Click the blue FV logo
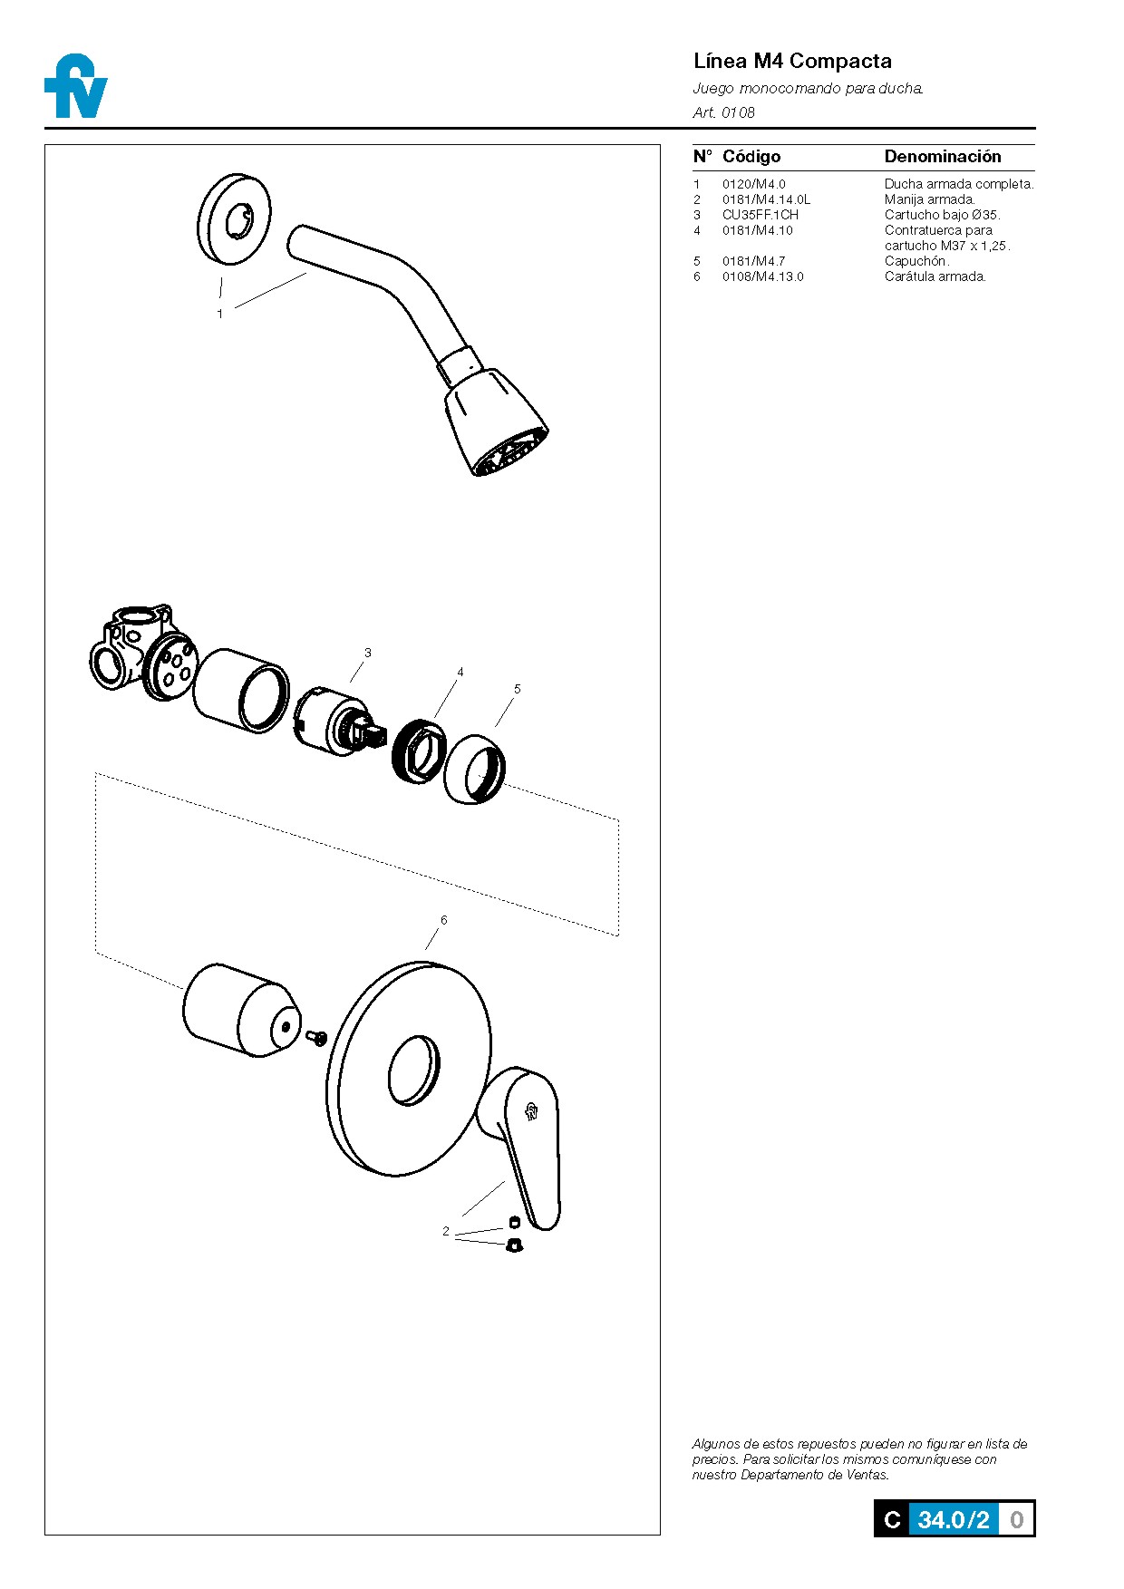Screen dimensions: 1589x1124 pyautogui.click(x=76, y=87)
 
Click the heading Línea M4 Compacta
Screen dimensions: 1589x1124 pyautogui.click(x=791, y=62)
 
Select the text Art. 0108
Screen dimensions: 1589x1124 pyautogui.click(x=723, y=112)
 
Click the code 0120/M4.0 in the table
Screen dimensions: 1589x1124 pyautogui.click(x=753, y=184)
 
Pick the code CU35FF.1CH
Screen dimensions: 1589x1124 pyautogui.click(x=760, y=215)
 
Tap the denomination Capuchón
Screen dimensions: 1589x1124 pyautogui.click(x=916, y=261)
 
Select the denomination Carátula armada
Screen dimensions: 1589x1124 pyautogui.click(x=935, y=276)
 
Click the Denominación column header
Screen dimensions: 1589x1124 pyautogui.click(x=942, y=157)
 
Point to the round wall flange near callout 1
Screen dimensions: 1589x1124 pyautogui.click(x=234, y=219)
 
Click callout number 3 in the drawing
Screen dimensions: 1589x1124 pyautogui.click(x=367, y=653)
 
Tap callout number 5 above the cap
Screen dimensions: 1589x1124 pyautogui.click(x=518, y=689)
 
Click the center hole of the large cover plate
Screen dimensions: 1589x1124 pyautogui.click(x=413, y=1071)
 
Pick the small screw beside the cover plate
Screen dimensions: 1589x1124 pyautogui.click(x=316, y=1036)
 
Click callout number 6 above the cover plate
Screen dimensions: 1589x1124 pyautogui.click(x=443, y=920)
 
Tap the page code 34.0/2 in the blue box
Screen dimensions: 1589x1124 pyautogui.click(x=953, y=1519)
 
